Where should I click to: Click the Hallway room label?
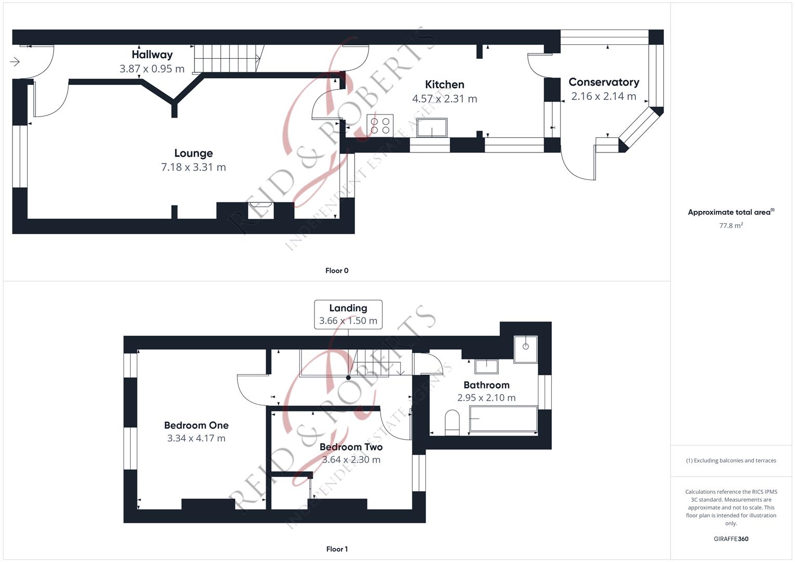[152, 55]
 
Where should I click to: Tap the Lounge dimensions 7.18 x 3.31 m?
[194, 167]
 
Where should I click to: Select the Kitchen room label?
[445, 84]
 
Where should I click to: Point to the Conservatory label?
[604, 82]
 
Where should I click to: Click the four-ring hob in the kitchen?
[380, 125]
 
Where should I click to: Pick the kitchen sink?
[432, 127]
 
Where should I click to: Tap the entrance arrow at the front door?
[15, 62]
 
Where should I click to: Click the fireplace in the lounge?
[261, 210]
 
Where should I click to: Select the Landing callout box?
[348, 314]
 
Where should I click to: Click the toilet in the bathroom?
[452, 423]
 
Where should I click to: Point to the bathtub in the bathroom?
[503, 419]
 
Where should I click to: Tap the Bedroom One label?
[196, 426]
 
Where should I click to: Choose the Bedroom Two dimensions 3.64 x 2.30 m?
[351, 460]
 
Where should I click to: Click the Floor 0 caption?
[337, 271]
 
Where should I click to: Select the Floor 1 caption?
[337, 549]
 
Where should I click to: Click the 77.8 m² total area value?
[731, 226]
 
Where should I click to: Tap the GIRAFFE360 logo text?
[731, 539]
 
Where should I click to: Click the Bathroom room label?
[486, 385]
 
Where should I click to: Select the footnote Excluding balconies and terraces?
[731, 461]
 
